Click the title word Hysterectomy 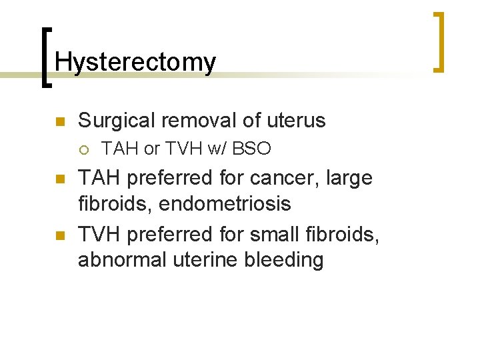[x=135, y=62]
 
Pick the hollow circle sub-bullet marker [x=85, y=149]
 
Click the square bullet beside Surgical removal [x=59, y=121]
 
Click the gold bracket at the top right [x=439, y=41]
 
